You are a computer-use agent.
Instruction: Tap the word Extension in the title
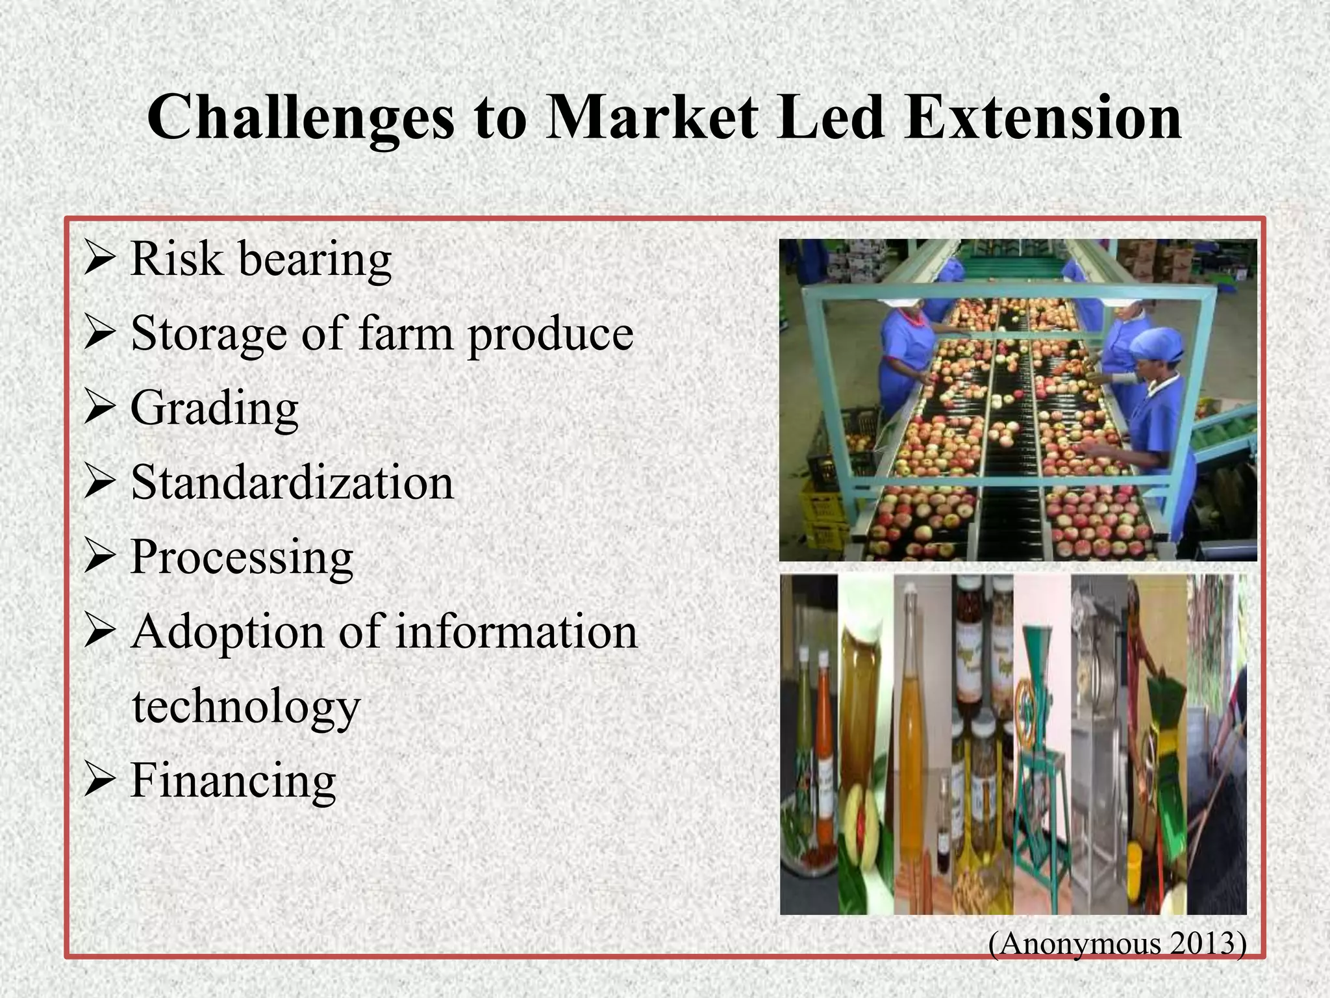click(1042, 118)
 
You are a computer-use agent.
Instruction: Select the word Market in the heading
click(651, 118)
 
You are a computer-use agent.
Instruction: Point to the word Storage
click(208, 334)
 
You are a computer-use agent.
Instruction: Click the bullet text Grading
click(214, 408)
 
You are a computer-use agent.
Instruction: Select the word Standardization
click(292, 483)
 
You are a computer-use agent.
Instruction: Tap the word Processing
click(242, 557)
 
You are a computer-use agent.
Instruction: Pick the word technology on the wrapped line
click(245, 707)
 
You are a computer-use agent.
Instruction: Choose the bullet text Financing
click(233, 780)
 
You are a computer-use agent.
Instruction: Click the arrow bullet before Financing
click(100, 780)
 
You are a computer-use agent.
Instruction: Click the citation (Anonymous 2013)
click(1117, 943)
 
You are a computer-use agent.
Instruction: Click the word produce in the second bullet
click(550, 334)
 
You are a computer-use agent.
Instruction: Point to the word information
click(516, 632)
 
